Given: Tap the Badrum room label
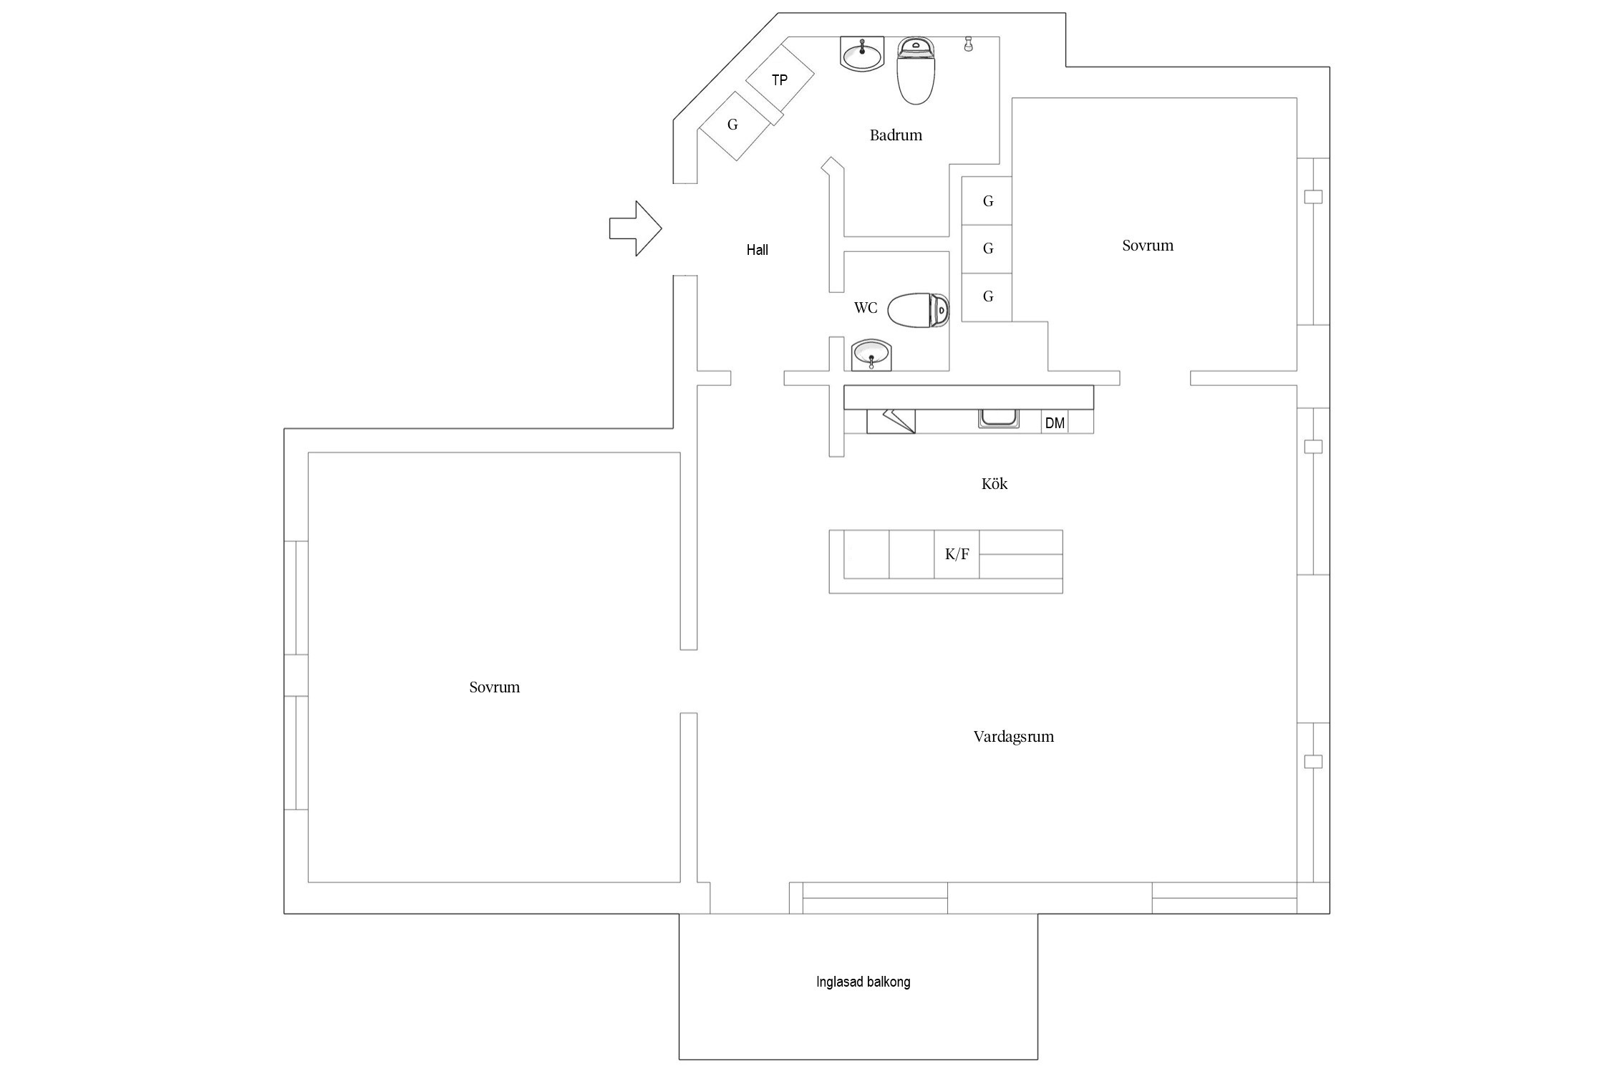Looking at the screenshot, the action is click(896, 135).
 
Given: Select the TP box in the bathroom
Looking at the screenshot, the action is click(780, 79).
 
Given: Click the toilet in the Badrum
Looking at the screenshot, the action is click(916, 71).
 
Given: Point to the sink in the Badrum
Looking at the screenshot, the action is click(863, 54).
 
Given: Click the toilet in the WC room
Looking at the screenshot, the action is click(919, 310).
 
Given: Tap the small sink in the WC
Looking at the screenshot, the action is click(871, 355).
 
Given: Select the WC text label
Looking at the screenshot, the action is click(866, 309).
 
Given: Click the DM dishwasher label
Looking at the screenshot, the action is click(1055, 423).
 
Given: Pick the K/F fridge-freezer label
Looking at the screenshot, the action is click(957, 554).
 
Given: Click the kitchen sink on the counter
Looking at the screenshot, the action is click(1000, 419).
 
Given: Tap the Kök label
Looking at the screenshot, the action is click(995, 484).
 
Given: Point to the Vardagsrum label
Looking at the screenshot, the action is click(1014, 737).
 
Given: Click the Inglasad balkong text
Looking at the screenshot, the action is click(863, 982).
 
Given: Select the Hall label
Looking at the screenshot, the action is click(758, 250).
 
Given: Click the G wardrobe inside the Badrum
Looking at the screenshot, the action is click(733, 125).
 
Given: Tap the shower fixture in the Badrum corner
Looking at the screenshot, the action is click(968, 44).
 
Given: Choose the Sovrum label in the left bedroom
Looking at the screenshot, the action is click(495, 687).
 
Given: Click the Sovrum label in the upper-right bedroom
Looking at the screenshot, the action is click(1148, 246).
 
